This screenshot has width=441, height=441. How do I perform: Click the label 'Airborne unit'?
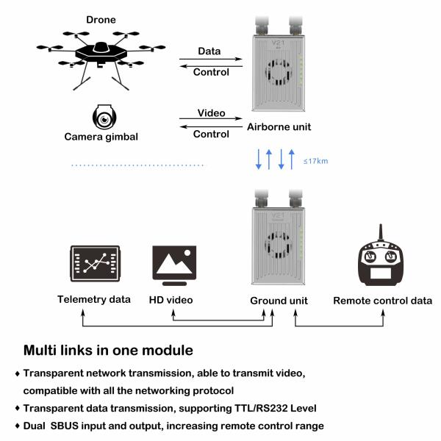(279, 126)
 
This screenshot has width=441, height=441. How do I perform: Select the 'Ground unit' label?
(279, 300)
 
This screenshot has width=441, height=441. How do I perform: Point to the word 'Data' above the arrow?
(209, 51)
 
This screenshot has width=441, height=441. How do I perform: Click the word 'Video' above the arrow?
(211, 114)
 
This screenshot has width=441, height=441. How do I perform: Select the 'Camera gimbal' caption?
(101, 137)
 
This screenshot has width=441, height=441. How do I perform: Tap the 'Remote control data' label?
(382, 300)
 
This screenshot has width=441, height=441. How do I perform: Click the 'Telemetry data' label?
(94, 299)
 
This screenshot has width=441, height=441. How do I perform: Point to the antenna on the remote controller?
(380, 233)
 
